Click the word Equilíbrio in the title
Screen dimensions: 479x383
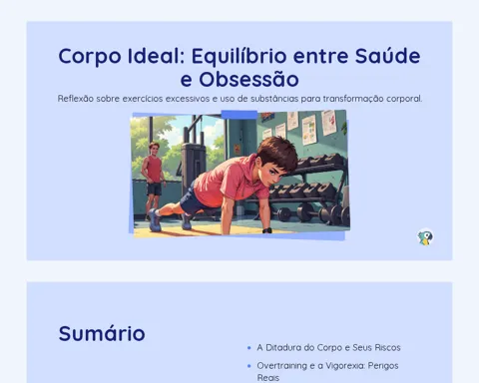239,57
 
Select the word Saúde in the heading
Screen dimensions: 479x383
387,55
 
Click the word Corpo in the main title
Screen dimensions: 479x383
90,57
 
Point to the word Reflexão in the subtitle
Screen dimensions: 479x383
76,99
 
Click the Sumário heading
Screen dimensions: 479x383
102,333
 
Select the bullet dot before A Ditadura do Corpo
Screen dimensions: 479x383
249,348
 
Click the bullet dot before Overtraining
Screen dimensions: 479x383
249,366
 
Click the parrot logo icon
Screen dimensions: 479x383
425,237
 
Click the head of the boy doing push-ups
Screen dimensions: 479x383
276,158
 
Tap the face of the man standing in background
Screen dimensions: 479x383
154,149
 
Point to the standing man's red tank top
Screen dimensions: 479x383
154,170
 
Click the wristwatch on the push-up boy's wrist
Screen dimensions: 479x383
266,230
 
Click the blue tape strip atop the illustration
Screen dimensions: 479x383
239,115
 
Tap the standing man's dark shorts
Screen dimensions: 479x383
154,189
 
